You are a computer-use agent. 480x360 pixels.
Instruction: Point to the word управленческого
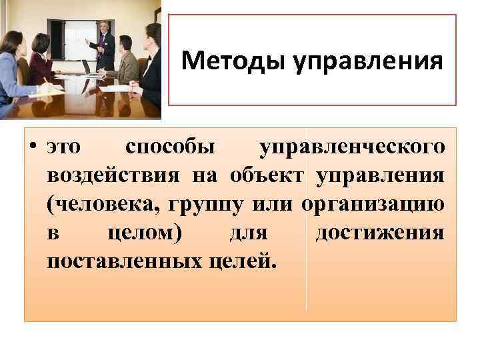pos(351,147)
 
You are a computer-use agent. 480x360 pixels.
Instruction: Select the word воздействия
pos(113,175)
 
